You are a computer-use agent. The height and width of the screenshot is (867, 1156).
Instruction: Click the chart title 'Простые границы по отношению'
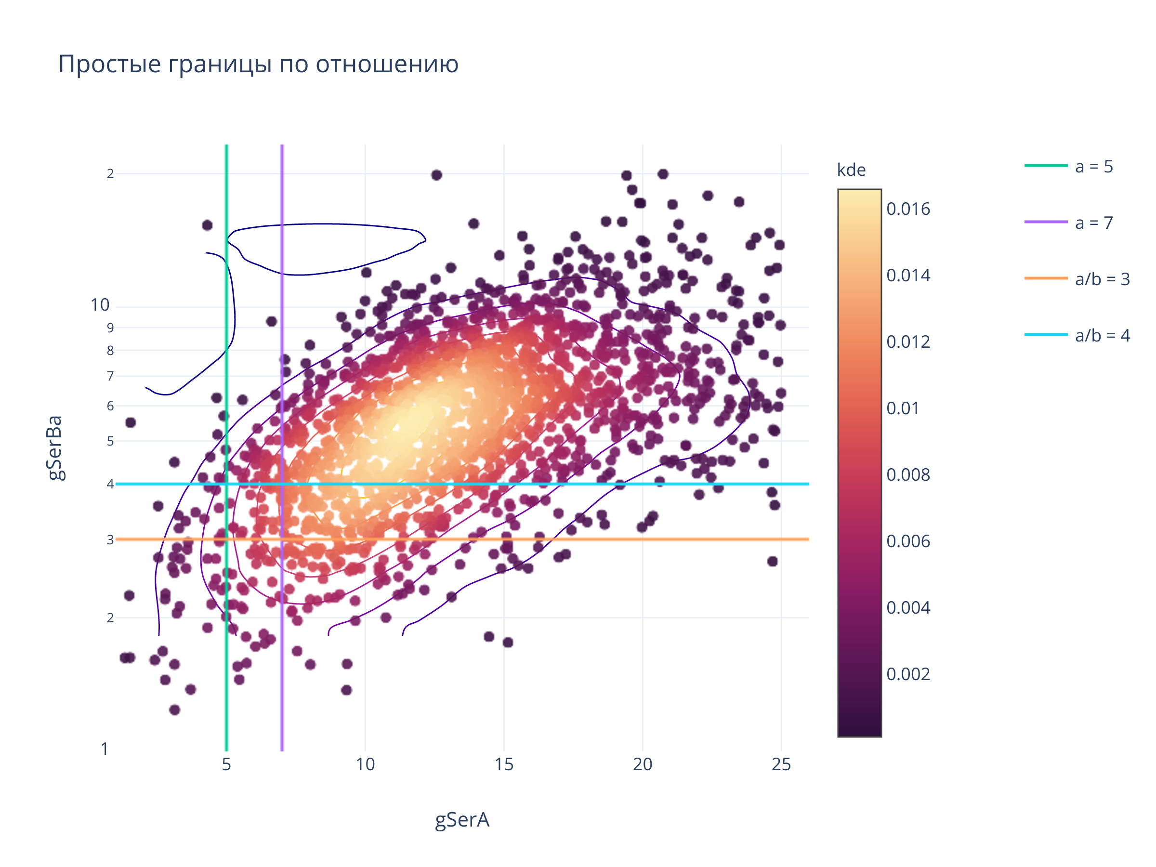pos(258,64)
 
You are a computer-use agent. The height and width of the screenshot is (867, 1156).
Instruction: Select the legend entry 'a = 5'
pos(1093,167)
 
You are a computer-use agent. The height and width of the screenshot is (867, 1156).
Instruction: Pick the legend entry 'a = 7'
pos(1093,223)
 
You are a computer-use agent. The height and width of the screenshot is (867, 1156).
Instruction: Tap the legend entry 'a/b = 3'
pos(1102,279)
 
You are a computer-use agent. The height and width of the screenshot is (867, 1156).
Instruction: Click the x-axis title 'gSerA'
pos(462,819)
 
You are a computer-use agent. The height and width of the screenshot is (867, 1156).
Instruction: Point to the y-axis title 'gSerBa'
pos(55,447)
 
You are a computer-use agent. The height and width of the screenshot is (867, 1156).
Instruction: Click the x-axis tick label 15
pos(504,764)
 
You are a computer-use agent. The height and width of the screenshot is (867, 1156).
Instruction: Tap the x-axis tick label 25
pos(781,764)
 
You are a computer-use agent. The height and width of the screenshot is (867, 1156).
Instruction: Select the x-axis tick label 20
pos(642,764)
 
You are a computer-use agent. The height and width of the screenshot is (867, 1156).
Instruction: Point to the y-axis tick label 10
pos(100,305)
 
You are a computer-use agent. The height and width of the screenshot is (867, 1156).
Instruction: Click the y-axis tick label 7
pos(110,376)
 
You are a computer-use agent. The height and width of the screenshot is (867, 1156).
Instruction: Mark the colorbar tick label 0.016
pos(908,209)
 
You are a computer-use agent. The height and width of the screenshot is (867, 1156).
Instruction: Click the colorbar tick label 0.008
pos(908,474)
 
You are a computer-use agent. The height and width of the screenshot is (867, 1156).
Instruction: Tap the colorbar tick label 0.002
pos(908,674)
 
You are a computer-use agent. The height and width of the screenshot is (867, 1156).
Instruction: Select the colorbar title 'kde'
pos(851,170)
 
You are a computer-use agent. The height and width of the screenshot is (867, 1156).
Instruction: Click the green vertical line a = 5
pos(227,679)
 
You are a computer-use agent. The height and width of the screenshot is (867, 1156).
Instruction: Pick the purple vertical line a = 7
pos(282,679)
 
